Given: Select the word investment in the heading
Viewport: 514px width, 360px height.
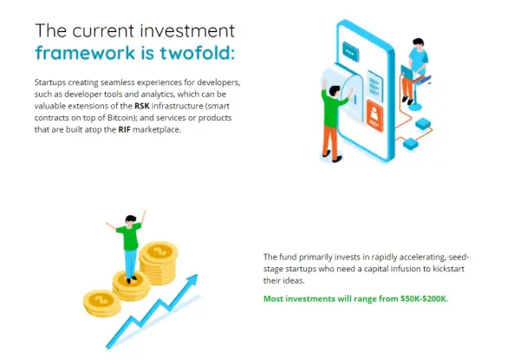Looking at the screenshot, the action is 187,31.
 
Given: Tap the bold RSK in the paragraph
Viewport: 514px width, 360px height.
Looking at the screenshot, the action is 142,106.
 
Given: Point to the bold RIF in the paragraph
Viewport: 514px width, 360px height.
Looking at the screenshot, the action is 124,129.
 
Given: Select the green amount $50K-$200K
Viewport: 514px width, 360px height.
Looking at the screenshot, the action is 424,298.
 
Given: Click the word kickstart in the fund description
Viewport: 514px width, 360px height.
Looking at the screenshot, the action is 448,269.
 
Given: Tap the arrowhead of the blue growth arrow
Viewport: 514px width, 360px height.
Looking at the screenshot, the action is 192,280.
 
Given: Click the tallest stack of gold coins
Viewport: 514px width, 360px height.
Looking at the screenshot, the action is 159,263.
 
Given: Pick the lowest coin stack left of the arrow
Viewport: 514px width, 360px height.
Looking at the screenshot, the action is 102,303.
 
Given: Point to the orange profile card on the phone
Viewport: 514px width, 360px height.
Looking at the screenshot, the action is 374,116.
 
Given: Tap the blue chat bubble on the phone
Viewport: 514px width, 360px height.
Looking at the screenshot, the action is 350,52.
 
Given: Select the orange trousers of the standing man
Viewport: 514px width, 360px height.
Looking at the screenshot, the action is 330,141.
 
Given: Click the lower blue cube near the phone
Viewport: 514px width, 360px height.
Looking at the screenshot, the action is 410,144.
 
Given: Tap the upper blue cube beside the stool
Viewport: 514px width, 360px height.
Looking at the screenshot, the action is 423,124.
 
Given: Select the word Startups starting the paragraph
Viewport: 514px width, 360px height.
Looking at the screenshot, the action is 50,82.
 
